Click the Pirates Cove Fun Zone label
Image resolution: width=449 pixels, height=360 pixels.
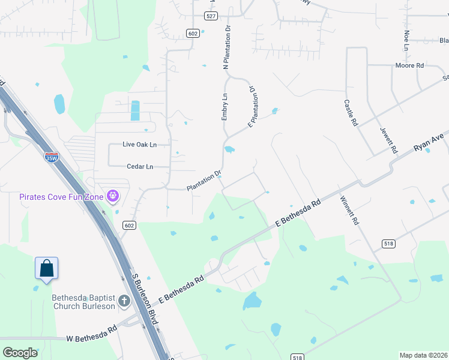[x=61, y=196]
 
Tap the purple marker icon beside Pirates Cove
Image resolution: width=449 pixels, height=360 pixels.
[x=112, y=196]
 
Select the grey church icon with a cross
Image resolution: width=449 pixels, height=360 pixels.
[x=124, y=301]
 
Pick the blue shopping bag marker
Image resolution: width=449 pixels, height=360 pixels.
[x=46, y=269]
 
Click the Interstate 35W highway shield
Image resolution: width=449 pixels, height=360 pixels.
[x=51, y=157]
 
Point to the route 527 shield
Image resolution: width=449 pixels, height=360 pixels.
[x=210, y=16]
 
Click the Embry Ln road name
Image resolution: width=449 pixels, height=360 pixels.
[x=224, y=107]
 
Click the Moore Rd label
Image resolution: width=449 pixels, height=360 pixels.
[x=409, y=65]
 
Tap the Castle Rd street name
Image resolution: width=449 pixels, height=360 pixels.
[x=350, y=112]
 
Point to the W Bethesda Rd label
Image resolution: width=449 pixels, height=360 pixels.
[x=91, y=334]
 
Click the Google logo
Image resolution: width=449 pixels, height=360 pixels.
[x=20, y=352]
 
